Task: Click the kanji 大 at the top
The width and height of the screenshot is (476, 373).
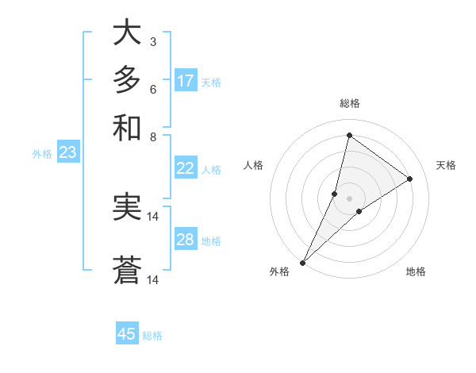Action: pyautogui.click(x=127, y=33)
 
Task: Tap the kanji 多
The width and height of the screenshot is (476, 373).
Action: pyautogui.click(x=127, y=80)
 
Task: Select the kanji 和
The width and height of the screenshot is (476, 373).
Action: pyautogui.click(x=127, y=127)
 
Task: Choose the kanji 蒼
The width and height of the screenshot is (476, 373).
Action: pyautogui.click(x=127, y=270)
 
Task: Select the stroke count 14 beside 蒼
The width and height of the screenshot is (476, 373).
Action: pyautogui.click(x=153, y=279)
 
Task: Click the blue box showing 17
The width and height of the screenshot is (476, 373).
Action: pyautogui.click(x=186, y=81)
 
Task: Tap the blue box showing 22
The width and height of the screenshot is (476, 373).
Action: pyautogui.click(x=186, y=168)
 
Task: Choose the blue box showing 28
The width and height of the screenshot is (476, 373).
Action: pyautogui.click(x=186, y=240)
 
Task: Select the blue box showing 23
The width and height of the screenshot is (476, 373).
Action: pyautogui.click(x=67, y=152)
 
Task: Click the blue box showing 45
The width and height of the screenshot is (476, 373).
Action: pyautogui.click(x=127, y=334)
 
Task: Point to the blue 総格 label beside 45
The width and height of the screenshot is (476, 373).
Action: pyautogui.click(x=152, y=336)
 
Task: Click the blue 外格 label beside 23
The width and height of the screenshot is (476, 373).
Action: pyautogui.click(x=42, y=154)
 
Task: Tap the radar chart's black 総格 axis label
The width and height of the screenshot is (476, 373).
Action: pyautogui.click(x=349, y=103)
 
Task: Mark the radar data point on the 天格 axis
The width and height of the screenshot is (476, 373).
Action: pyautogui.click(x=410, y=179)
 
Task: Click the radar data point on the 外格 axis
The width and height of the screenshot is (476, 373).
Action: pyautogui.click(x=302, y=262)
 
